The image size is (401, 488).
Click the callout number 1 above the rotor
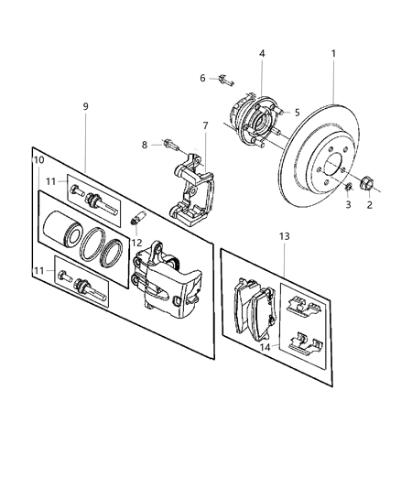[x=333, y=53]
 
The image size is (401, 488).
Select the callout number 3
[x=347, y=206]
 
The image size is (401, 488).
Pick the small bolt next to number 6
[x=223, y=80]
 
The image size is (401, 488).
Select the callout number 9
[x=85, y=107]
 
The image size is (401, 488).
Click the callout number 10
[x=38, y=161]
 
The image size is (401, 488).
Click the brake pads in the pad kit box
[x=255, y=306]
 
